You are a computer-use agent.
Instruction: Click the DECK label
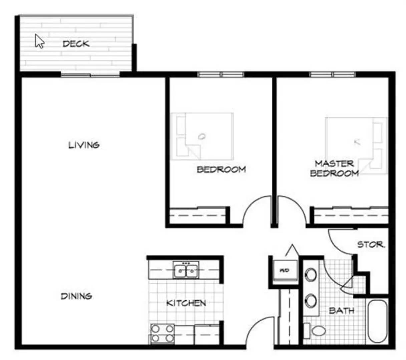click(76, 44)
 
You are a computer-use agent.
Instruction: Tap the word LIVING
click(84, 145)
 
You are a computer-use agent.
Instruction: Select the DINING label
click(76, 296)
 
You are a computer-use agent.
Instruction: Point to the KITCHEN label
click(186, 303)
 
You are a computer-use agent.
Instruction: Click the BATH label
click(342, 311)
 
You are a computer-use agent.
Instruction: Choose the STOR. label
click(371, 245)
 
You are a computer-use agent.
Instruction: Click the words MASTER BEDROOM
click(334, 168)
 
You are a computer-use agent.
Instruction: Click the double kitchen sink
click(186, 269)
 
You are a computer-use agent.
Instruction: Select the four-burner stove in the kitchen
click(162, 334)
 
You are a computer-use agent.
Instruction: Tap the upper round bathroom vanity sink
click(311, 275)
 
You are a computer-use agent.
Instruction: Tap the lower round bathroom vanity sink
click(311, 300)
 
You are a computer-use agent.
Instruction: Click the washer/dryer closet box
click(284, 270)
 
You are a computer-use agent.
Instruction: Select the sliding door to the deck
click(90, 75)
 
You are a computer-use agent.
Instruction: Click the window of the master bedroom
click(332, 74)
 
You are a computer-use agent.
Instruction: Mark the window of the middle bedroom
click(221, 74)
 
